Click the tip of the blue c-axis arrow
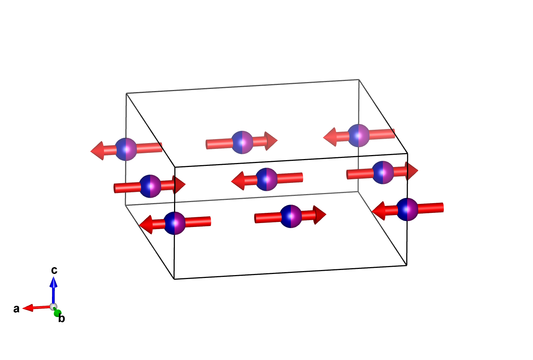pyautogui.click(x=53, y=277)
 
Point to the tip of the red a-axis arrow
pyautogui.click(x=22, y=309)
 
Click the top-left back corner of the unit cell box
pyautogui.click(x=126, y=93)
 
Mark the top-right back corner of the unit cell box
pyautogui.click(x=359, y=80)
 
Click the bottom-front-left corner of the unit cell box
pyautogui.click(x=174, y=279)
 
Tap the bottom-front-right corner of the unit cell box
pyautogui.click(x=407, y=265)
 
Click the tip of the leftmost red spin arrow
pyautogui.click(x=90, y=151)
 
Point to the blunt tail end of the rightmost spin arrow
pyautogui.click(x=443, y=207)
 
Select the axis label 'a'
pyautogui.click(x=16, y=309)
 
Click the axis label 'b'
pyautogui.click(x=62, y=318)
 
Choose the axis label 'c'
pyautogui.click(x=54, y=270)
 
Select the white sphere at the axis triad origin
pyautogui.click(x=53, y=307)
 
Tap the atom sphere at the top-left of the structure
pyautogui.click(x=126, y=149)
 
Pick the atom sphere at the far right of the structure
pyautogui.click(x=407, y=210)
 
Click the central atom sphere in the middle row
pyautogui.click(x=267, y=179)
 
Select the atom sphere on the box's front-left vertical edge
pyautogui.click(x=174, y=223)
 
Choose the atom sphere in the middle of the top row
pyautogui.click(x=242, y=142)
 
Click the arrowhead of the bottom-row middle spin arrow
pyautogui.click(x=320, y=215)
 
